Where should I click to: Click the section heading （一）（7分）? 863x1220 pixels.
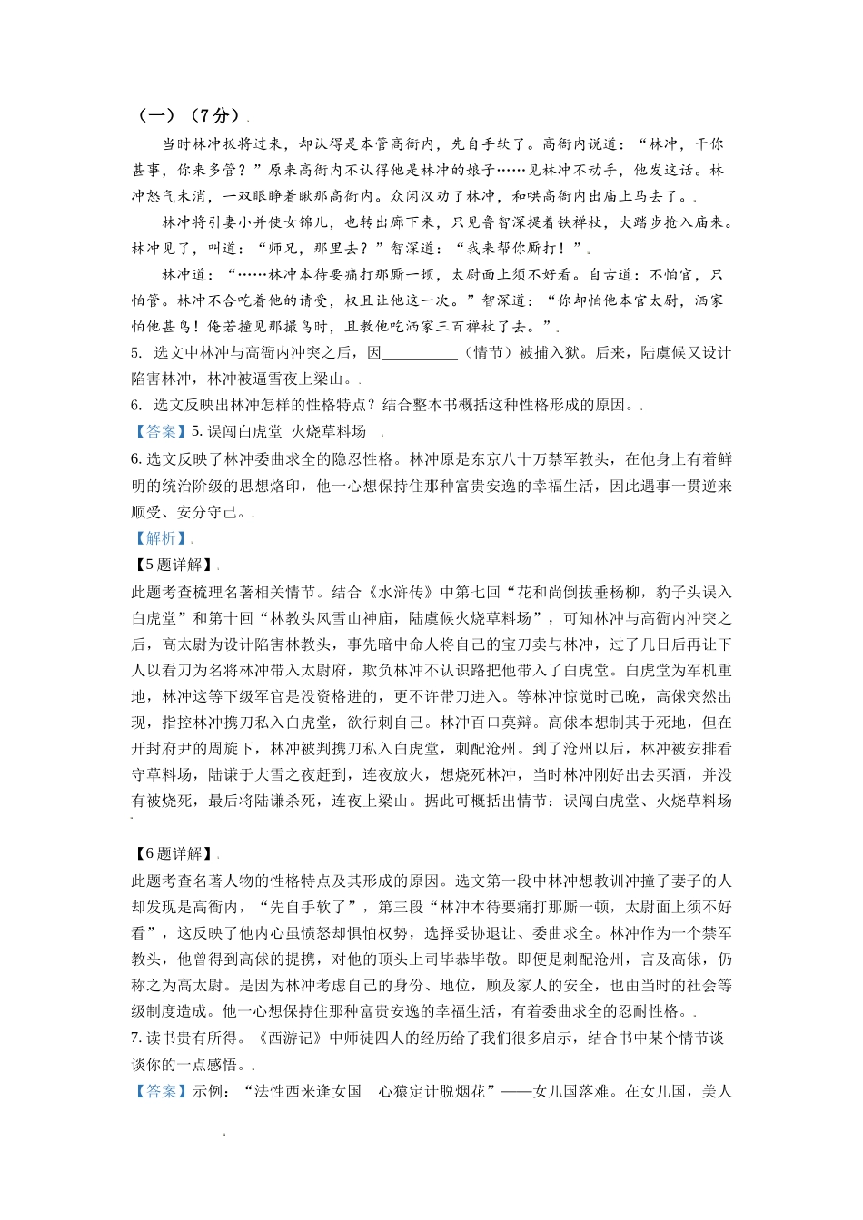point(189,115)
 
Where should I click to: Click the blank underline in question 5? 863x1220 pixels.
point(420,354)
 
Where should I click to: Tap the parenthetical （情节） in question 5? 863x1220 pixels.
point(489,353)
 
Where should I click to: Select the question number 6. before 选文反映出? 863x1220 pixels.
point(136,406)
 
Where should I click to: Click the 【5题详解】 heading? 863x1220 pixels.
point(174,565)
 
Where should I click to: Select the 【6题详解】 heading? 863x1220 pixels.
point(174,853)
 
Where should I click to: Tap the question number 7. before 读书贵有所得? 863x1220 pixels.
point(136,1038)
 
